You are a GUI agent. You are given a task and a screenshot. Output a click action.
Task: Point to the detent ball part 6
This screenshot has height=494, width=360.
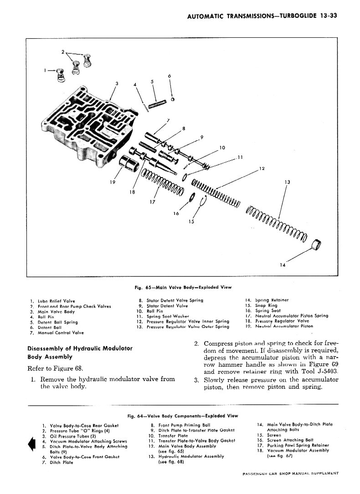tap(173, 99)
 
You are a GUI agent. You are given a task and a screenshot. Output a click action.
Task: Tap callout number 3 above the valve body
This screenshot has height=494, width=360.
tap(117, 83)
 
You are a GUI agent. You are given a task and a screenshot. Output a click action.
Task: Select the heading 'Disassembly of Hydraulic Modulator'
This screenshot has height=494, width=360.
tap(80, 348)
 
